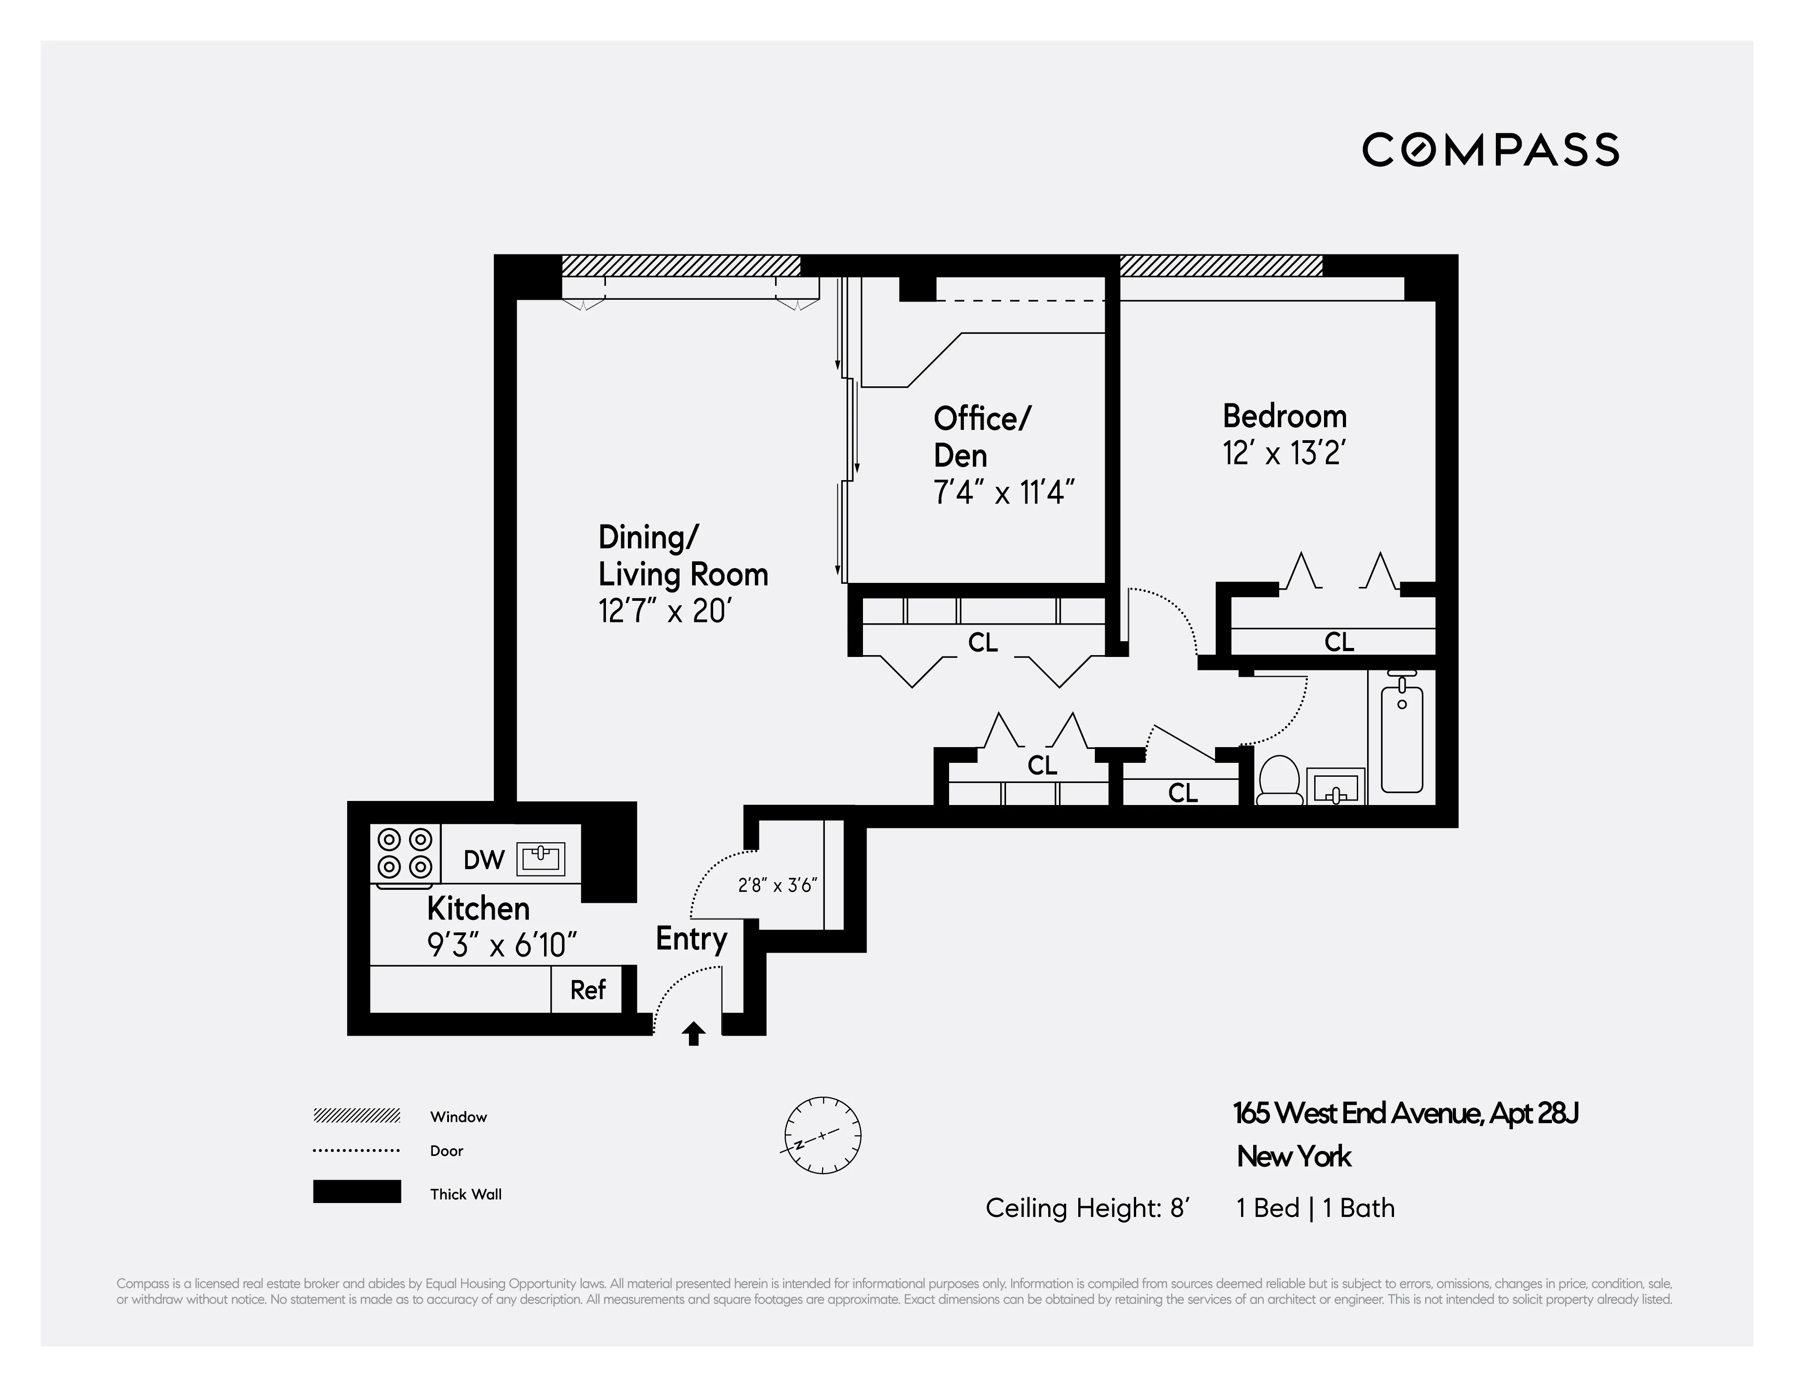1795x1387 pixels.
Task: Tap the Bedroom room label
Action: [x=1284, y=417]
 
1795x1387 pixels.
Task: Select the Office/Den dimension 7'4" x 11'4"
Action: [x=1003, y=493]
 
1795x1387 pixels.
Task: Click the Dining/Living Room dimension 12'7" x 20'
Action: [x=664, y=611]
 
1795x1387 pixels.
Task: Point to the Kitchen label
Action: [x=478, y=909]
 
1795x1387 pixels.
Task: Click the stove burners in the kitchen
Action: [x=405, y=853]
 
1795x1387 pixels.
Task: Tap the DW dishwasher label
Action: [x=483, y=860]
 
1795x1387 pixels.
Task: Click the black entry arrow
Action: [x=694, y=1033]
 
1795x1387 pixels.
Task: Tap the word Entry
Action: [x=691, y=939]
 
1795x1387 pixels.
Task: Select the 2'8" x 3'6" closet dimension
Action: [x=777, y=885]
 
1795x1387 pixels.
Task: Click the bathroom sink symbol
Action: [x=1335, y=788]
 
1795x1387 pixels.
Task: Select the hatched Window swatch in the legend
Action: [x=357, y=1116]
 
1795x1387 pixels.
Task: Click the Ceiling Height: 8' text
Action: [x=1086, y=1208]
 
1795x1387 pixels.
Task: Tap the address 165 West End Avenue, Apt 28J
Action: [x=1405, y=1114]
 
